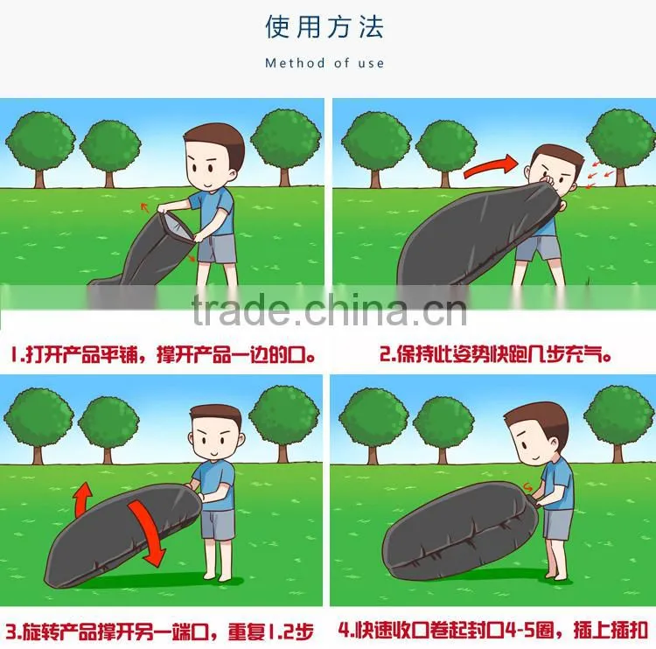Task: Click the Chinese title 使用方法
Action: (x=325, y=27)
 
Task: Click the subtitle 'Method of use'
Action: (x=325, y=63)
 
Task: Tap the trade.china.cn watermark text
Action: (x=329, y=310)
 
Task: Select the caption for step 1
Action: (x=163, y=355)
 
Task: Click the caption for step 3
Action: (x=159, y=632)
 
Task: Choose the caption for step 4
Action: (x=492, y=631)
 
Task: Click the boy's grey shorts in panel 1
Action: (x=217, y=248)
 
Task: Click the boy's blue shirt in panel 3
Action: (x=214, y=485)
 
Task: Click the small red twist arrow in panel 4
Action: (x=528, y=486)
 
